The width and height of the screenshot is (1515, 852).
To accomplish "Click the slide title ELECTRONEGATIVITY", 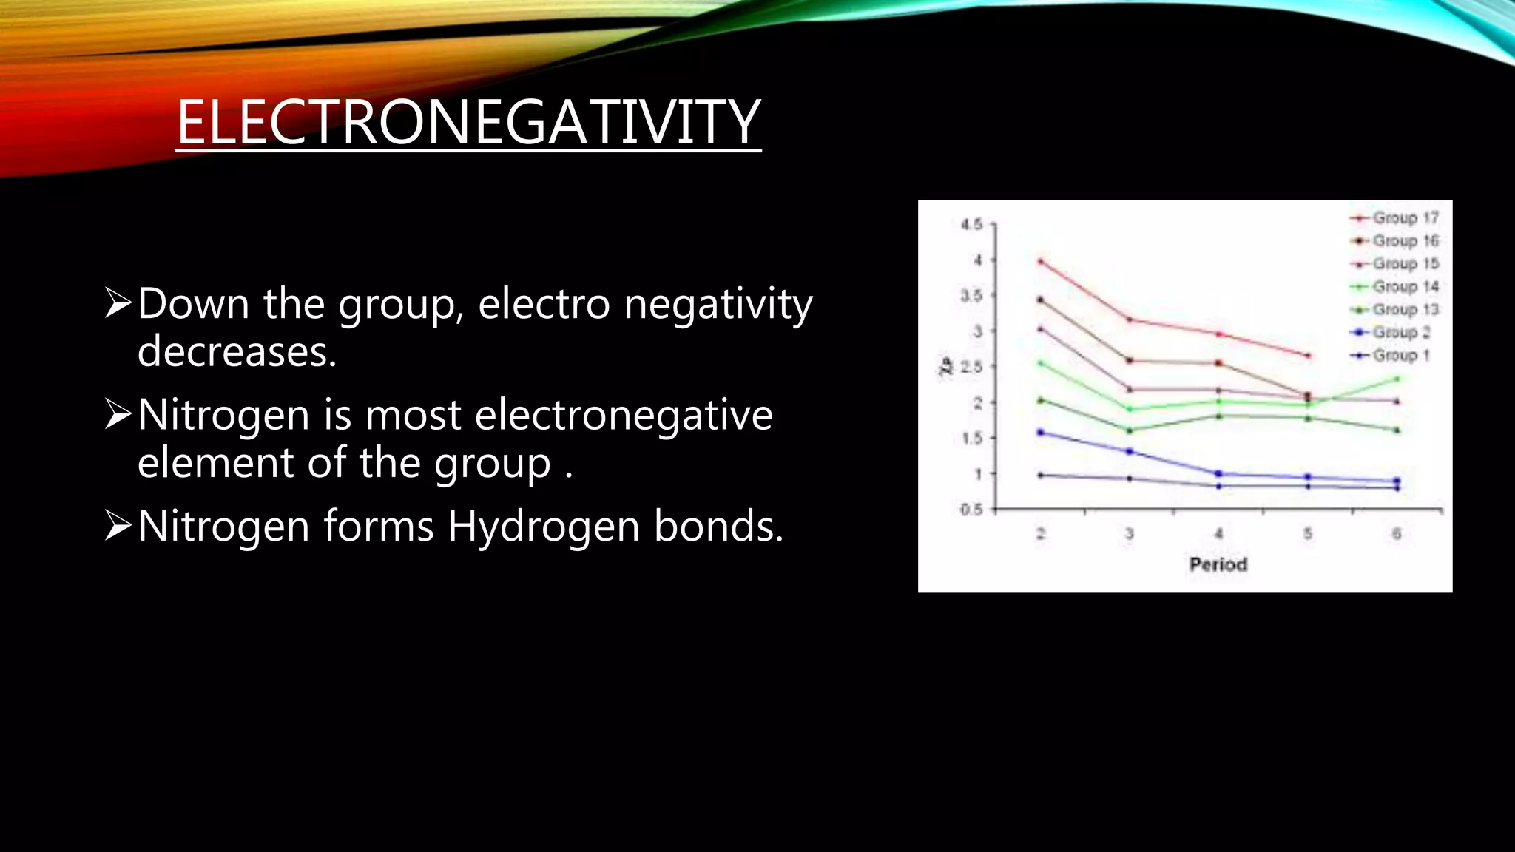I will pos(468,122).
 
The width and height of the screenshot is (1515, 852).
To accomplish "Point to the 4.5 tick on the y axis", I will pos(971,224).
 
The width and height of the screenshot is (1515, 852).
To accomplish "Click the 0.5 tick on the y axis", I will pos(971,510).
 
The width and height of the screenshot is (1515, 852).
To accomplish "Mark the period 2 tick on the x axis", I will pos(1041,534).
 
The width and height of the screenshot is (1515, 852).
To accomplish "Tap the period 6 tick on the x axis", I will pos(1397,534).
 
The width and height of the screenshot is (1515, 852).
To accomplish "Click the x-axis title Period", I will pos(1218,565).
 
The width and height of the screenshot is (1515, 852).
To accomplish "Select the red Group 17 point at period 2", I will pos(1041,261).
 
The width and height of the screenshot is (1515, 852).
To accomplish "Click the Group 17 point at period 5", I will pos(1308,356).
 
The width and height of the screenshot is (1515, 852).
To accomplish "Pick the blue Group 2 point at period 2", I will pos(1041,432).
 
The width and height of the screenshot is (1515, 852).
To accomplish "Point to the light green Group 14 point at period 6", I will pos(1397,379).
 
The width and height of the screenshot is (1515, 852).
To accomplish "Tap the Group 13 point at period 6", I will pos(1397,430).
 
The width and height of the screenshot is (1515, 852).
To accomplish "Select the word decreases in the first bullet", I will pos(237,351).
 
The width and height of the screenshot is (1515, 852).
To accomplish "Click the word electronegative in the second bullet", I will pos(624,415).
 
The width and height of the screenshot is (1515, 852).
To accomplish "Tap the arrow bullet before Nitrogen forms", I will pos(118,526).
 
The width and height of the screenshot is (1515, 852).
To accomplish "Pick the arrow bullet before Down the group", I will pos(118,303).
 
